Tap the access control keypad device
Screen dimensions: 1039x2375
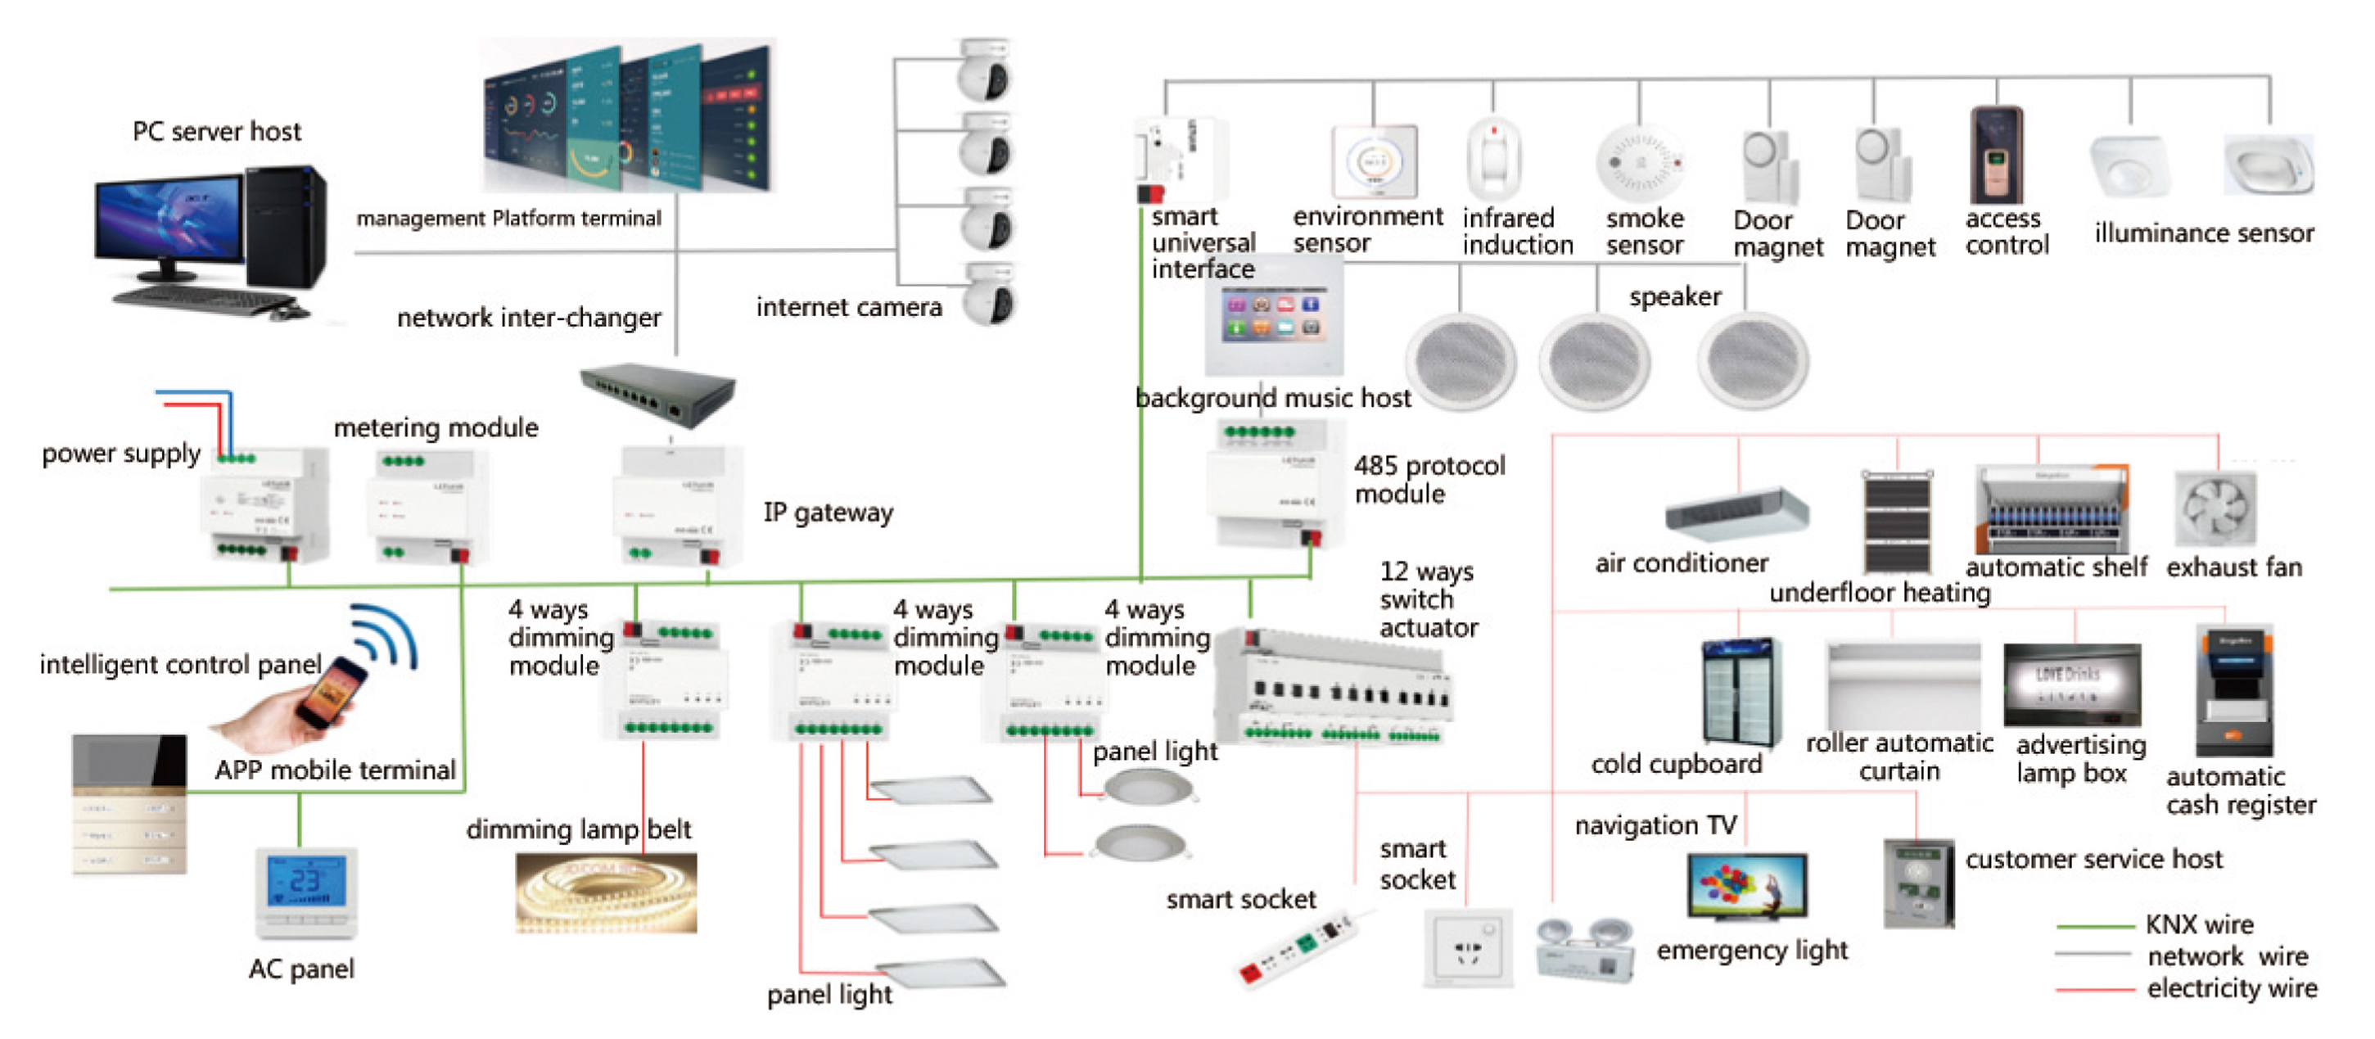[1996, 155]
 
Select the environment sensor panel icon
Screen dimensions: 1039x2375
[1374, 161]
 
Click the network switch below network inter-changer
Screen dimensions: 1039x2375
[658, 392]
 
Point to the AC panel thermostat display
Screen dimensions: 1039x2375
[305, 880]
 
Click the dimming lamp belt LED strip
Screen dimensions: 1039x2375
[606, 892]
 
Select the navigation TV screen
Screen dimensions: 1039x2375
[1746, 885]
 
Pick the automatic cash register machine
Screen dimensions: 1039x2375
[2234, 691]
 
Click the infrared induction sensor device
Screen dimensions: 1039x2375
[1492, 159]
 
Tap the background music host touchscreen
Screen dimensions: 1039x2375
[1273, 315]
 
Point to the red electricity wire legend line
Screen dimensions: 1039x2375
[2094, 989]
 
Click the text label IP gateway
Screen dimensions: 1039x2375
[828, 512]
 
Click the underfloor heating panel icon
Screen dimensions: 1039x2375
[1897, 522]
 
